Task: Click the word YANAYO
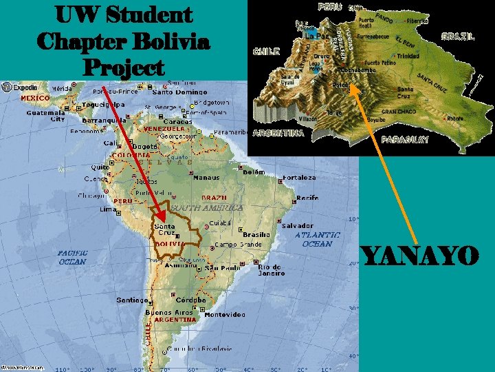click(419, 258)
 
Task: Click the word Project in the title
click(124, 68)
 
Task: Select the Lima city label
click(108, 209)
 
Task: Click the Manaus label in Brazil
click(206, 177)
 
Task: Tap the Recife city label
click(307, 198)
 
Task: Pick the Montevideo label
click(225, 314)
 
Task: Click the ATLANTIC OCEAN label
click(317, 239)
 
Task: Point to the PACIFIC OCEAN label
click(72, 257)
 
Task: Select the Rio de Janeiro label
click(271, 269)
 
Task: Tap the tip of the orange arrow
click(349, 85)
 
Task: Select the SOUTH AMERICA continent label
click(206, 207)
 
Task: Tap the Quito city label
click(100, 166)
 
